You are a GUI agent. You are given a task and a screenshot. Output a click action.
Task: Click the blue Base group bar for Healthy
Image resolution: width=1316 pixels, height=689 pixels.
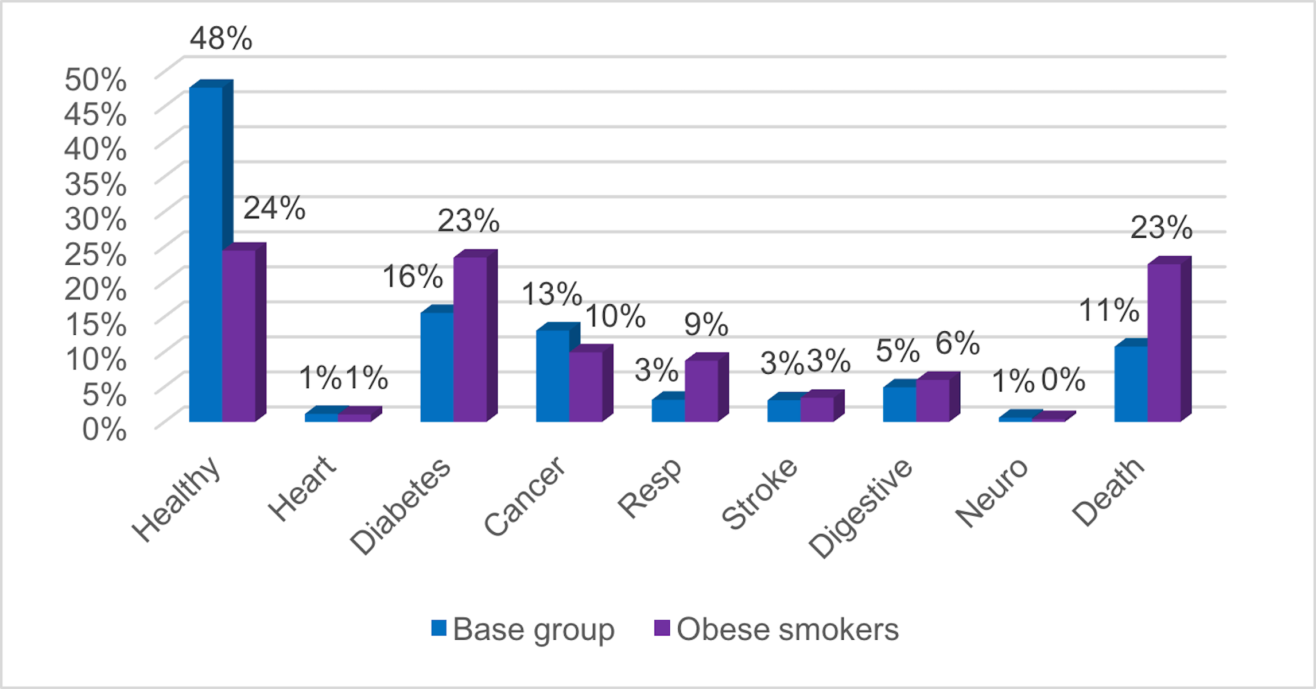pos(206,256)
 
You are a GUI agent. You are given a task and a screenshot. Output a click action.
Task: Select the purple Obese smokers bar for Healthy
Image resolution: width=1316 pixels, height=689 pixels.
pos(239,336)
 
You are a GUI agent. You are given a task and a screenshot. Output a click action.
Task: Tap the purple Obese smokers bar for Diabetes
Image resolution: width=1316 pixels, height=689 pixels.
pos(470,339)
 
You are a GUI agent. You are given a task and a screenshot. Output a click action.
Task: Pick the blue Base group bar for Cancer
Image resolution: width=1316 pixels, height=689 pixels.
pos(553,376)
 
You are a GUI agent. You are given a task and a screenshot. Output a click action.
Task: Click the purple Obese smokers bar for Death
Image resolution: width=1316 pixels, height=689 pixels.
pos(1164,343)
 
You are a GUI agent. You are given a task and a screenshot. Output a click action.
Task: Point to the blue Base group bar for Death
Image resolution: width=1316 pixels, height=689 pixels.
pos(1131,384)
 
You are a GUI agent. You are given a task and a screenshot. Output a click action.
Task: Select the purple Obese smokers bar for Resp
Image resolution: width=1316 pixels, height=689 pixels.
pos(701,391)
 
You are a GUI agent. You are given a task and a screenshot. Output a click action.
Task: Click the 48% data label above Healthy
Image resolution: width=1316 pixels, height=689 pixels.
pos(221,38)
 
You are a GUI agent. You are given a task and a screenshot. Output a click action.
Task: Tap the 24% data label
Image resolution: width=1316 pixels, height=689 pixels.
pos(274,208)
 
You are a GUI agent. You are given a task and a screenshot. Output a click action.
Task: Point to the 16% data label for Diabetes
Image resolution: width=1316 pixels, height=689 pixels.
pos(413,276)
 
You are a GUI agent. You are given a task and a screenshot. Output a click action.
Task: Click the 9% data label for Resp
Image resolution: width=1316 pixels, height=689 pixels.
pos(706,324)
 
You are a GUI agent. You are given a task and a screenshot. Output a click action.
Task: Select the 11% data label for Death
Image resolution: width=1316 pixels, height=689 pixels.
pos(1109,310)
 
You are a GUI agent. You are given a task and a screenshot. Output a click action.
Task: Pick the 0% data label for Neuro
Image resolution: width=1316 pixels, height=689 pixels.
pos(1063,380)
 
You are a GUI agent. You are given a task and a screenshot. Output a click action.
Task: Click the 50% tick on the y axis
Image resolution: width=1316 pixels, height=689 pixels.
pos(95,79)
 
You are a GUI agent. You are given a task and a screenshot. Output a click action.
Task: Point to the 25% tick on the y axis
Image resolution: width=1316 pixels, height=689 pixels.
pos(95,254)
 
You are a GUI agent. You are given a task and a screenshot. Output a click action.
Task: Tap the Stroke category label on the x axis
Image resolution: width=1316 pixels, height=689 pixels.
pos(759,494)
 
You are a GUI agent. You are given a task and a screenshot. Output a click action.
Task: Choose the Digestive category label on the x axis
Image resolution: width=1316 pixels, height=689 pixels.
pos(860,508)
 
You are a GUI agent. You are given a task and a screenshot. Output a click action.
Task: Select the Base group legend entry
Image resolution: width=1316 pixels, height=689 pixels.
pos(523,629)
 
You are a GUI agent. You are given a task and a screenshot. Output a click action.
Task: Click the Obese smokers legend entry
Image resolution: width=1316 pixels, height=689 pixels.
pos(777,629)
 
